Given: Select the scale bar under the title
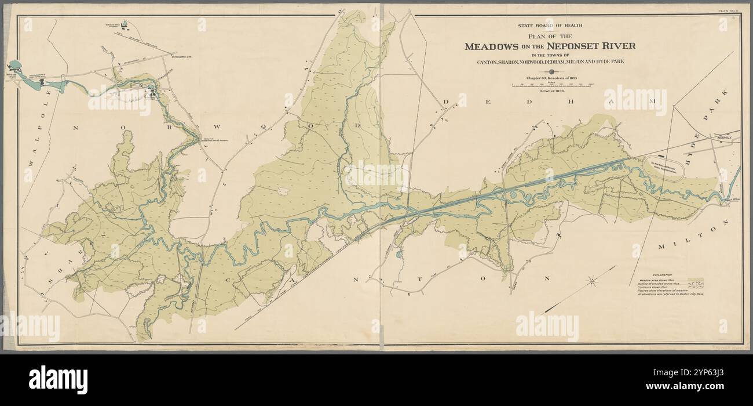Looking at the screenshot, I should (553, 85).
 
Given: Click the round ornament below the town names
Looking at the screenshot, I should (550, 72).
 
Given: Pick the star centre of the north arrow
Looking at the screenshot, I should (592, 282).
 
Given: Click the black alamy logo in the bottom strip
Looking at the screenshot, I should (58, 380).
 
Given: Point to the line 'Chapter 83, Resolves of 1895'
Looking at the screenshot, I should (549, 78).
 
